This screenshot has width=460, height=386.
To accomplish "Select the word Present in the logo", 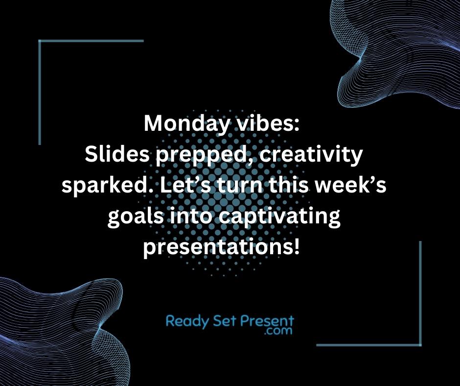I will coord(268,321).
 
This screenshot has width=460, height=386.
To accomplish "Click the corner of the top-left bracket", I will coord(39,41).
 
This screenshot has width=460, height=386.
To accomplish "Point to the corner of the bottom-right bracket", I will coord(420,344).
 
